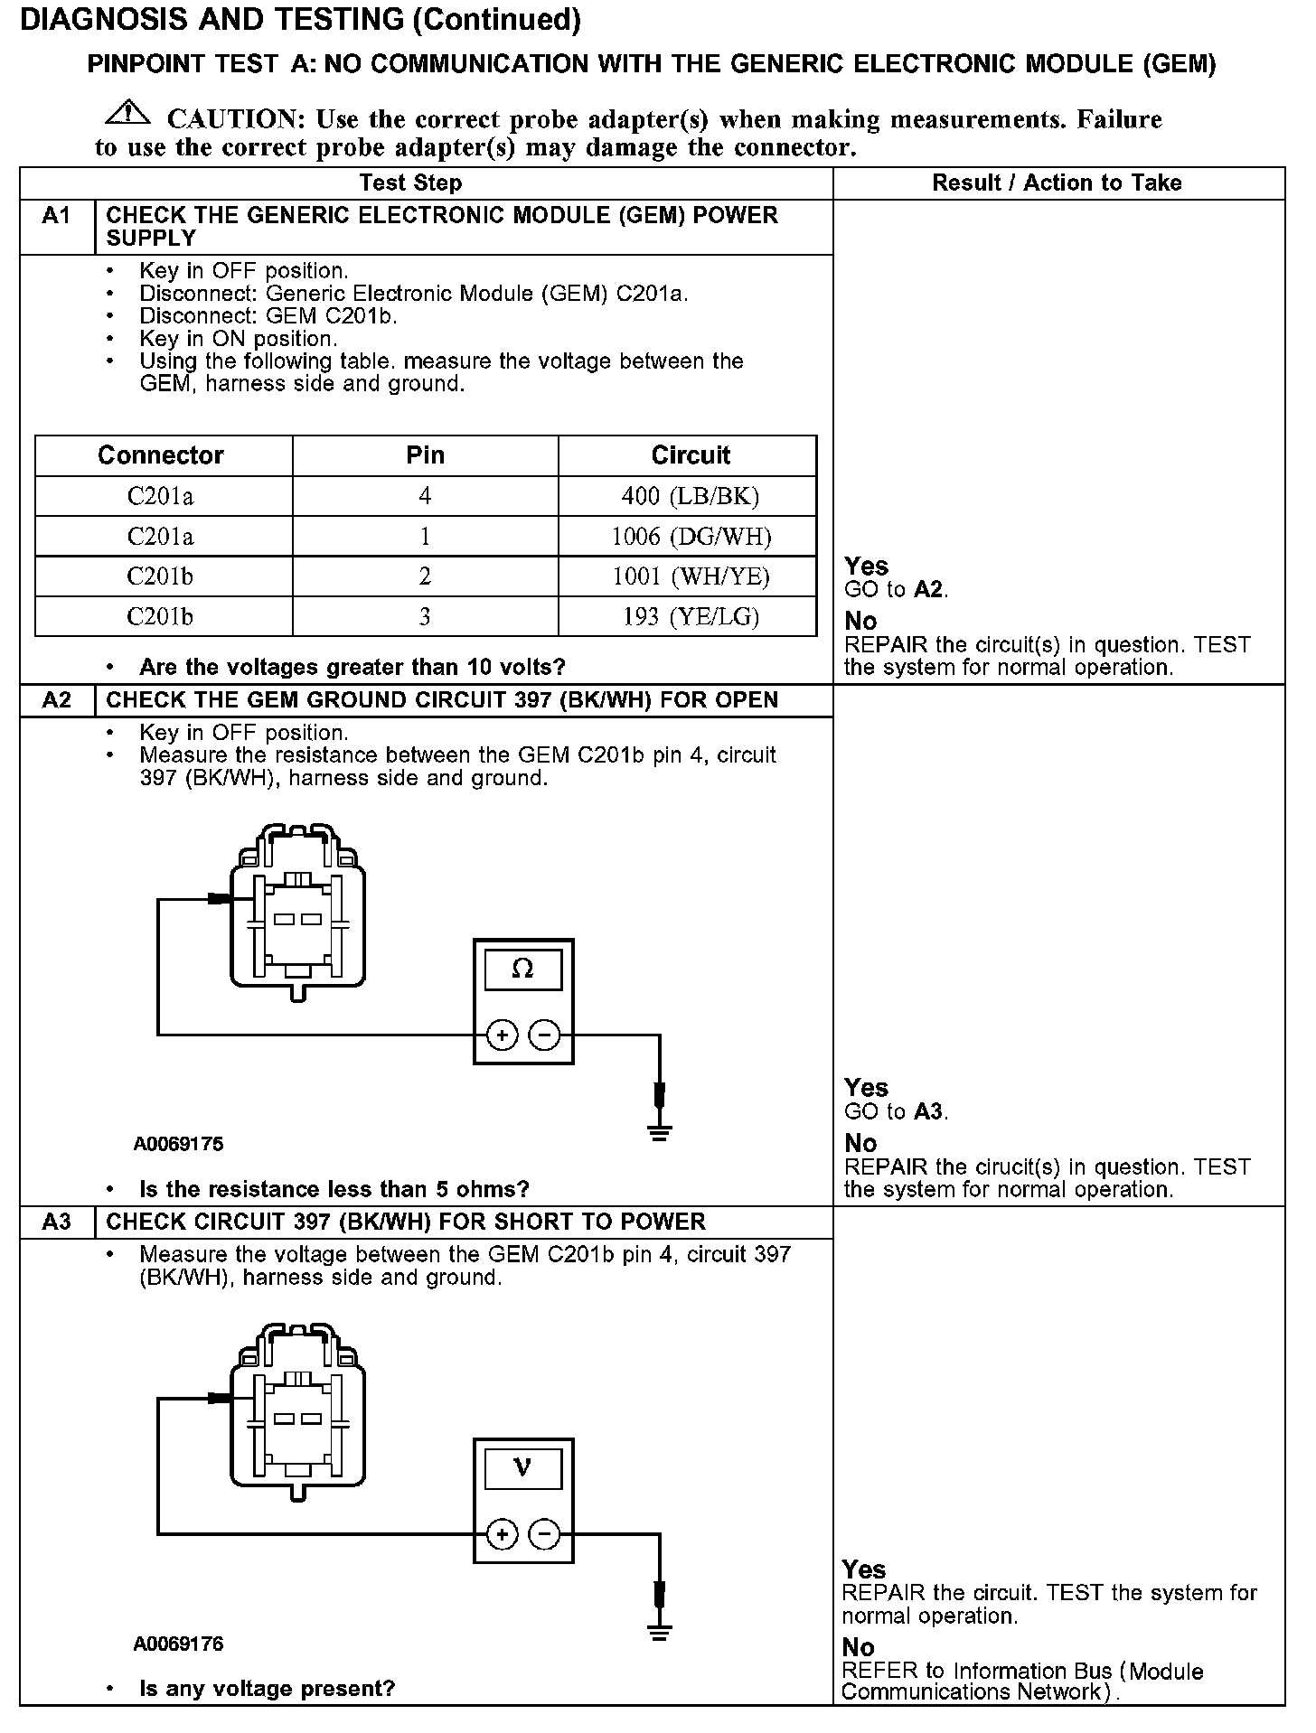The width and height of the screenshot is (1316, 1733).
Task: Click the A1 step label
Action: tap(56, 216)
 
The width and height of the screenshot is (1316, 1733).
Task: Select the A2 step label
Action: tap(56, 700)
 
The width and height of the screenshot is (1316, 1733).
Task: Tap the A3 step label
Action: tap(56, 1222)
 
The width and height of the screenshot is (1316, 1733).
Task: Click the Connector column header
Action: tap(161, 455)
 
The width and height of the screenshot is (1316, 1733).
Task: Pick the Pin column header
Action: tap(425, 455)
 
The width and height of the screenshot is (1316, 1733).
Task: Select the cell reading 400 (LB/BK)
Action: tap(690, 496)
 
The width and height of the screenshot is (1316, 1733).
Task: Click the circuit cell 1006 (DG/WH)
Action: tap(691, 537)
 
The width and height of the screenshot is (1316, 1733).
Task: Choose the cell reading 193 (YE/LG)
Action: tap(691, 617)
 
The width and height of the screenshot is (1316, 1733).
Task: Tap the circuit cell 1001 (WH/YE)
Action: tap(691, 576)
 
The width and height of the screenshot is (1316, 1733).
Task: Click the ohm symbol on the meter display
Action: tap(522, 970)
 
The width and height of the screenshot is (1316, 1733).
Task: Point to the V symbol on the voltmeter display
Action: tap(522, 1468)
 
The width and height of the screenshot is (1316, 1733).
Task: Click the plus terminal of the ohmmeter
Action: tap(502, 1035)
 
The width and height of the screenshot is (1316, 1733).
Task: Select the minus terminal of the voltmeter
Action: tap(544, 1533)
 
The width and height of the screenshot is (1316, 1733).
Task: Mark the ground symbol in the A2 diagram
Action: tap(660, 1132)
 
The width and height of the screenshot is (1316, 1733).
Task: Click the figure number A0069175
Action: tap(178, 1144)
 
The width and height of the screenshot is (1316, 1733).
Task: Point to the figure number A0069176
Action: tap(178, 1644)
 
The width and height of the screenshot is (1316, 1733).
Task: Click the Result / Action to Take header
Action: tap(1057, 183)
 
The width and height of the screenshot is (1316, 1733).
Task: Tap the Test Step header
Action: tap(410, 183)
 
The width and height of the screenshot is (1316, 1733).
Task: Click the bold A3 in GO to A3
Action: tap(928, 1111)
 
